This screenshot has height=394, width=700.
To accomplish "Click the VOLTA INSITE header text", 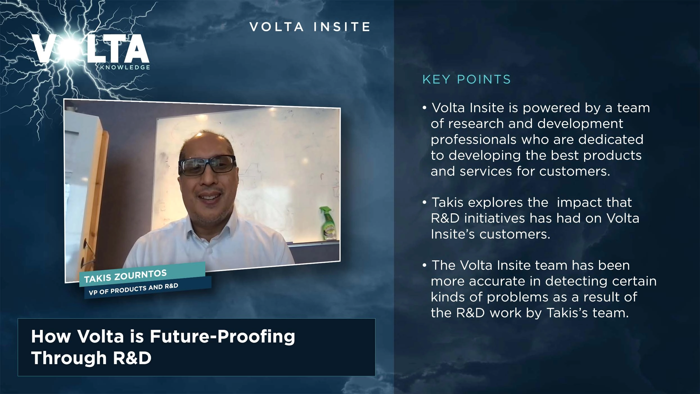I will (x=310, y=27).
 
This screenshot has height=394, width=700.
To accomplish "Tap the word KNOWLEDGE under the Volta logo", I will (x=125, y=68).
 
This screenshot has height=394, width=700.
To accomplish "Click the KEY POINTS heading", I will (x=466, y=79).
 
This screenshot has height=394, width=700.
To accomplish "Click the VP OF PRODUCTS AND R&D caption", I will (x=134, y=289).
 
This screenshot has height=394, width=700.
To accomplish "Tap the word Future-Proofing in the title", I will (x=222, y=336).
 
